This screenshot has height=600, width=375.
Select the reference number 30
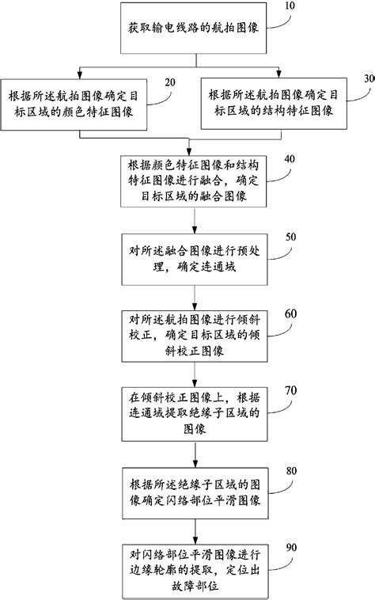tap(367, 79)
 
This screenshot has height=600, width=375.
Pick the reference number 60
tap(290, 314)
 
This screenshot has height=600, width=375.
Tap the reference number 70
tap(290, 391)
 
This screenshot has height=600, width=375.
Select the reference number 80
tap(290, 470)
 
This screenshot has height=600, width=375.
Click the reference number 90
tap(290, 547)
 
